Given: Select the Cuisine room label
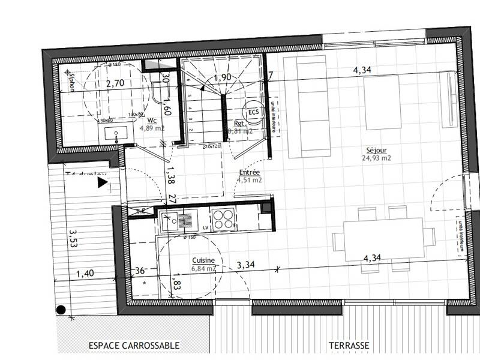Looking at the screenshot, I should [203, 260].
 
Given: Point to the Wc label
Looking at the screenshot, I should [152, 120].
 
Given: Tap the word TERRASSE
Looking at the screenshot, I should [349, 346].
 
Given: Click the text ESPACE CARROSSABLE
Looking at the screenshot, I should [134, 346].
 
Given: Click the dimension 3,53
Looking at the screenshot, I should [73, 238].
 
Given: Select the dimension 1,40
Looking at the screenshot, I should [85, 274].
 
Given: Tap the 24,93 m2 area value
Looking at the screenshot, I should [376, 158].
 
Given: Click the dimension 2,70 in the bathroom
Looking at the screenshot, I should [115, 84].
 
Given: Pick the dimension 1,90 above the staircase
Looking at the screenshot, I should [223, 77].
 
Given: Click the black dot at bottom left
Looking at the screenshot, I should [61, 310].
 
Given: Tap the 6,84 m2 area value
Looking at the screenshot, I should [203, 268].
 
